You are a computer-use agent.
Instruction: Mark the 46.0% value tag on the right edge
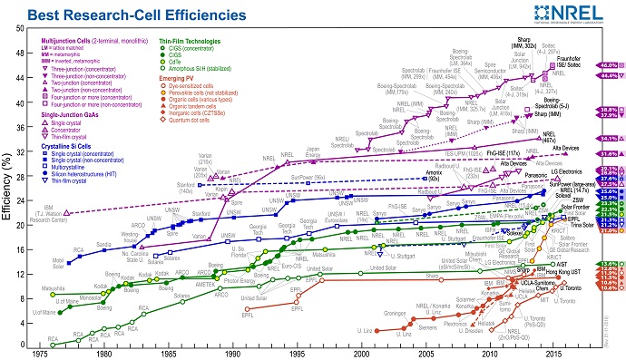pos(608,66)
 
